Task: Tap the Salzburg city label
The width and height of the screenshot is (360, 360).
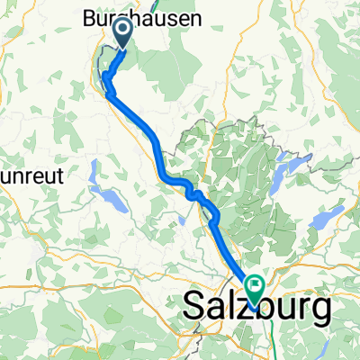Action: click(256, 308)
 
